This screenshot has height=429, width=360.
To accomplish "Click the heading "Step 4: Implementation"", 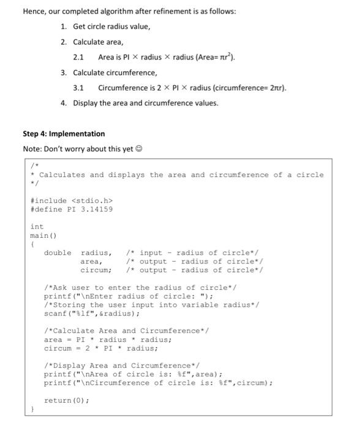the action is coord(64,134).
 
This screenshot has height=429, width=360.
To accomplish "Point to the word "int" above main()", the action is coord(37,227).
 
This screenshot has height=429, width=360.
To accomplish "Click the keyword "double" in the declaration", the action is coord(58,252).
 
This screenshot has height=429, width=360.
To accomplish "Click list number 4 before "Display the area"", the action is coord(64,103).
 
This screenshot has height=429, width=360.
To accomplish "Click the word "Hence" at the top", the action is coord(34,12).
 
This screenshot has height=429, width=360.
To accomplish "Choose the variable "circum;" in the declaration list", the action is coord(96,270).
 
